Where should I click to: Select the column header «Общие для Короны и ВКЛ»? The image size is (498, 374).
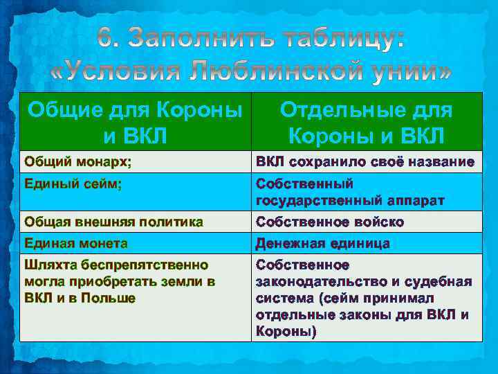point(135,123)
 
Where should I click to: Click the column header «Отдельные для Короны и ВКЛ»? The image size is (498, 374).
point(366,123)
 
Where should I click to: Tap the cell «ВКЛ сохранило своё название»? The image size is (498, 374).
point(365,162)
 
